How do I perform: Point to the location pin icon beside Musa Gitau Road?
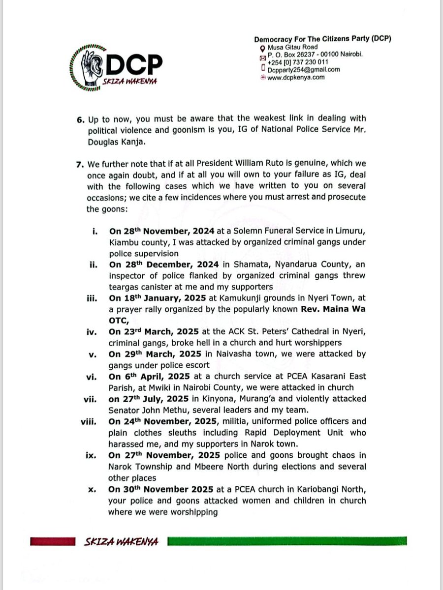coord(263,47)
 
